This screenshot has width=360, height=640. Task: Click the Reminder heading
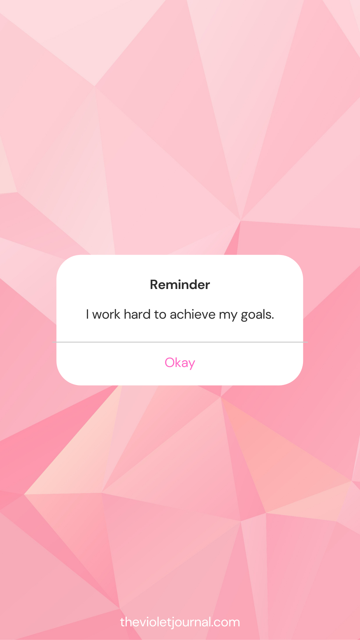(180, 285)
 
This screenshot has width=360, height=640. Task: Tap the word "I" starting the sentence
(87, 314)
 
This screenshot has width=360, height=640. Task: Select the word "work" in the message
(106, 314)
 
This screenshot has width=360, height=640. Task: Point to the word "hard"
(137, 314)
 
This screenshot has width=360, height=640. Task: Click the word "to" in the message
(160, 315)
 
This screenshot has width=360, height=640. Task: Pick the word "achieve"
(193, 314)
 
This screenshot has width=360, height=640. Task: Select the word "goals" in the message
(256, 315)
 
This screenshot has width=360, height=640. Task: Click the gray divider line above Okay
(180, 342)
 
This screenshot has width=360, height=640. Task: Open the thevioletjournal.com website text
(180, 622)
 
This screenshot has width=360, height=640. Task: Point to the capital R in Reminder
(154, 285)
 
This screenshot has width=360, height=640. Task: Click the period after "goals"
(273, 319)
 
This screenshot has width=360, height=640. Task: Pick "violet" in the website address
(156, 622)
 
